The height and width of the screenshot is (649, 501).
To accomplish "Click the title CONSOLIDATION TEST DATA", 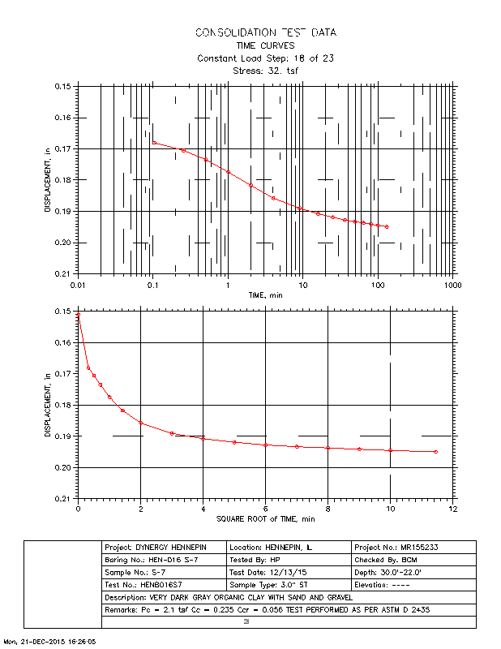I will click(265, 32).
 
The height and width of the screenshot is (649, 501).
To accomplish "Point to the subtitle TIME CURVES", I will click(265, 45).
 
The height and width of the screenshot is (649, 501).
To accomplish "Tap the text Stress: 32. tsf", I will click(265, 71).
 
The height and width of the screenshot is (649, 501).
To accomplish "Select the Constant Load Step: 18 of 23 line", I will click(265, 58).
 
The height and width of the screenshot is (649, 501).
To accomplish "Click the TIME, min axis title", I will click(264, 296).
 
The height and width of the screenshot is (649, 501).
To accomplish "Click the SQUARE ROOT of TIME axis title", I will click(264, 518).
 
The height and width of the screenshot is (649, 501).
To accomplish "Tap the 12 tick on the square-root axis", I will click(452, 508).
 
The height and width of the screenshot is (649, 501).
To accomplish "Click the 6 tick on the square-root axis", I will click(265, 508).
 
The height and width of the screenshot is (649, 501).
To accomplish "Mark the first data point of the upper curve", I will click(154, 143).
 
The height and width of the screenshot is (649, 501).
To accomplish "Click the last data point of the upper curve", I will click(387, 227).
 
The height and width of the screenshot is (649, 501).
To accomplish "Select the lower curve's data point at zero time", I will click(79, 314).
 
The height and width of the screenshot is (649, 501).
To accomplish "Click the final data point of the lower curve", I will click(435, 452).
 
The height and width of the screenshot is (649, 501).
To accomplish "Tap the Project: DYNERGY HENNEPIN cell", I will click(164, 548).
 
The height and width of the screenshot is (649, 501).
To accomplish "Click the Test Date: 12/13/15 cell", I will click(289, 572).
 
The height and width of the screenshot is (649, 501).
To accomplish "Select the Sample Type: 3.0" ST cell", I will click(289, 584).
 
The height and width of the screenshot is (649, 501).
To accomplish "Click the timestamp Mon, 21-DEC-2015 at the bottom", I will click(50, 641).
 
